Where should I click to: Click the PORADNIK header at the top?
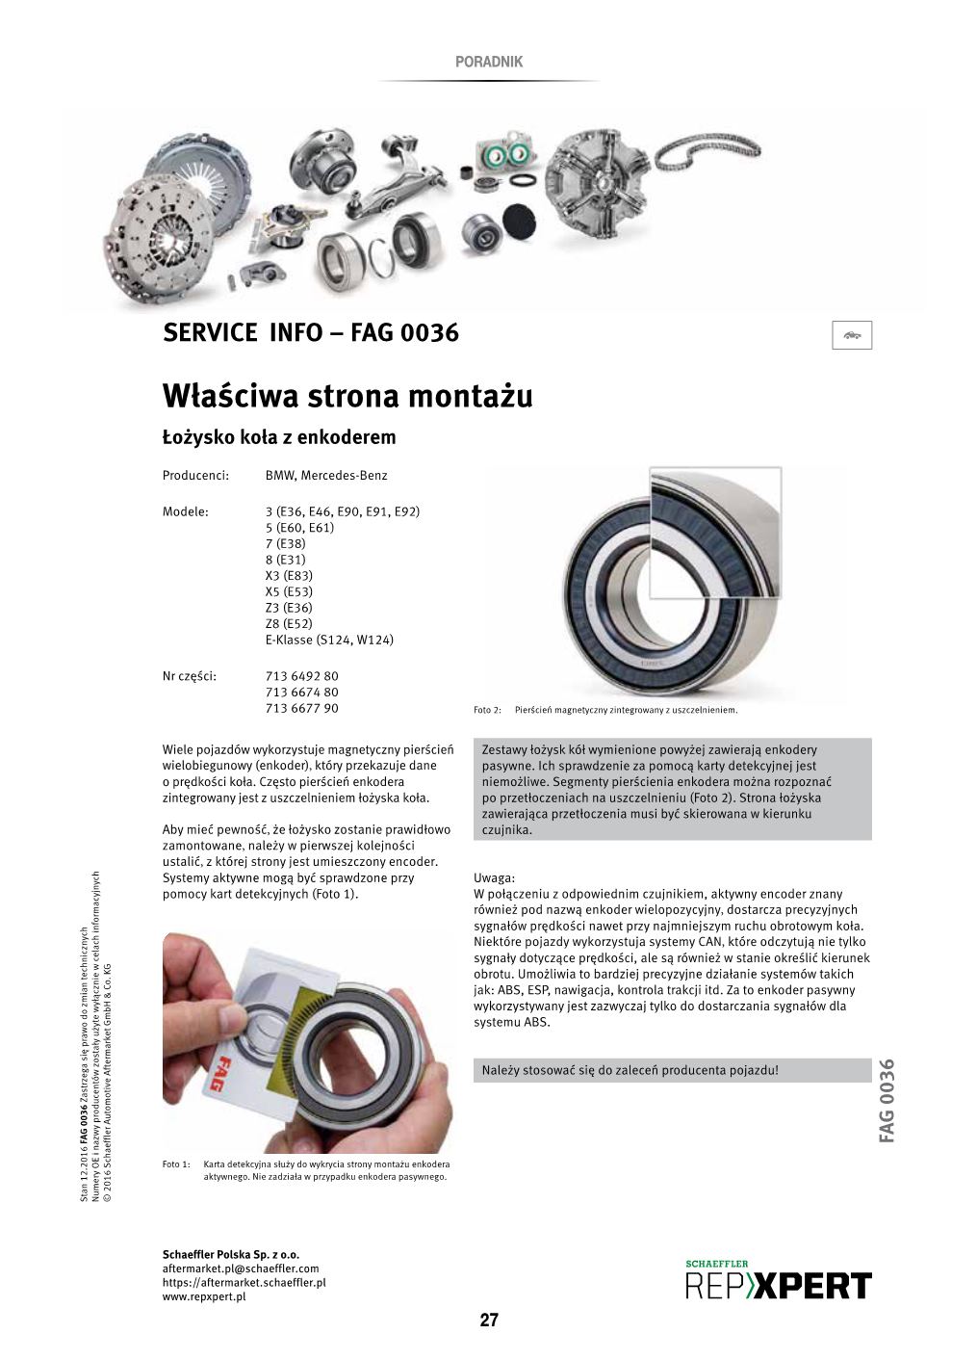coord(488,62)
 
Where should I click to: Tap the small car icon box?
coord(851,334)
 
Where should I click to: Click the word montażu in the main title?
coord(471,396)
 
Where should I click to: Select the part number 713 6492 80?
coord(301,676)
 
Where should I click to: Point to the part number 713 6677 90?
coord(301,709)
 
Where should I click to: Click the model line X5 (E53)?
coord(289,591)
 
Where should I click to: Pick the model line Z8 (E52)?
coord(289,623)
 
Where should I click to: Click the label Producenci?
coord(195,475)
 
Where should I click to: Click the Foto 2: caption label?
coord(488,711)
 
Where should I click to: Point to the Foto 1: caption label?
coord(177,1164)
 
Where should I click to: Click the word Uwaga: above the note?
coord(495,877)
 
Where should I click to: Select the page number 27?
coord(489,1321)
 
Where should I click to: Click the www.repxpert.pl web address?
coord(204,1297)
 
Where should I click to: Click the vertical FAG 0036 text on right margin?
coord(887,1100)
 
